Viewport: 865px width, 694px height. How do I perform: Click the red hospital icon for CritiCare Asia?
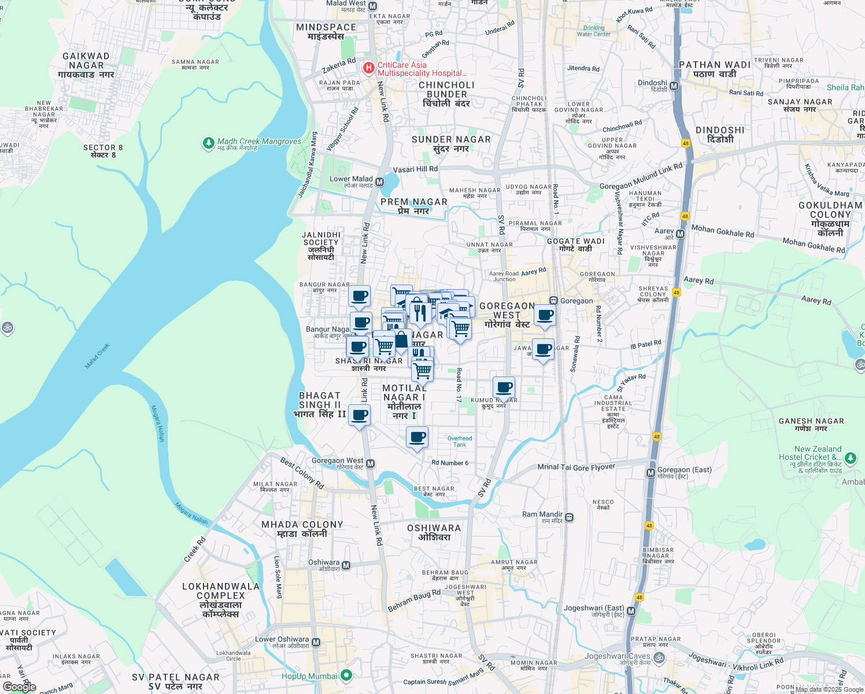pos(368,69)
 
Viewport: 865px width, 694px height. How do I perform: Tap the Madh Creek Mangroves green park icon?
pos(209,142)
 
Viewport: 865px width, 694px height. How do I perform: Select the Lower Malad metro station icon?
pos(380,182)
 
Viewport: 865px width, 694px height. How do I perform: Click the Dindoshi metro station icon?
pos(674,86)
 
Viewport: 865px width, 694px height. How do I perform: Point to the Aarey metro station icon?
pos(680,234)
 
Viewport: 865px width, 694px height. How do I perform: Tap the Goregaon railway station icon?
pos(553,301)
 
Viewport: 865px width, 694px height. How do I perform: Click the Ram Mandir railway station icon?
pos(570,518)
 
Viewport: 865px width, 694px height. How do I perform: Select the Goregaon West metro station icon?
pos(371,464)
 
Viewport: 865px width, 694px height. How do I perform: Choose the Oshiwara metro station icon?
pos(346,566)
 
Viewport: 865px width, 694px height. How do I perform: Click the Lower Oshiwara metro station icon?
pos(316,643)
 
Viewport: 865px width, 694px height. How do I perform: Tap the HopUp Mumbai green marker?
pos(346,675)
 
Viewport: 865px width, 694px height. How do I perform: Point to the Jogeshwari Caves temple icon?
pos(659,658)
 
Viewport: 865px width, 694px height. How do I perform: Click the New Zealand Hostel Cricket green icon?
pos(851,459)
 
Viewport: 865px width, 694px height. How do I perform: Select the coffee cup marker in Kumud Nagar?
pos(504,387)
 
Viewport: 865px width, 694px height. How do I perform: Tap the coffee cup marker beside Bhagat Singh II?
pos(359,415)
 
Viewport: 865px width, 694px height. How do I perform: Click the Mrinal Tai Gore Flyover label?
pos(576,467)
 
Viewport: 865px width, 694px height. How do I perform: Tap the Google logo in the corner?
pos(20,687)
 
